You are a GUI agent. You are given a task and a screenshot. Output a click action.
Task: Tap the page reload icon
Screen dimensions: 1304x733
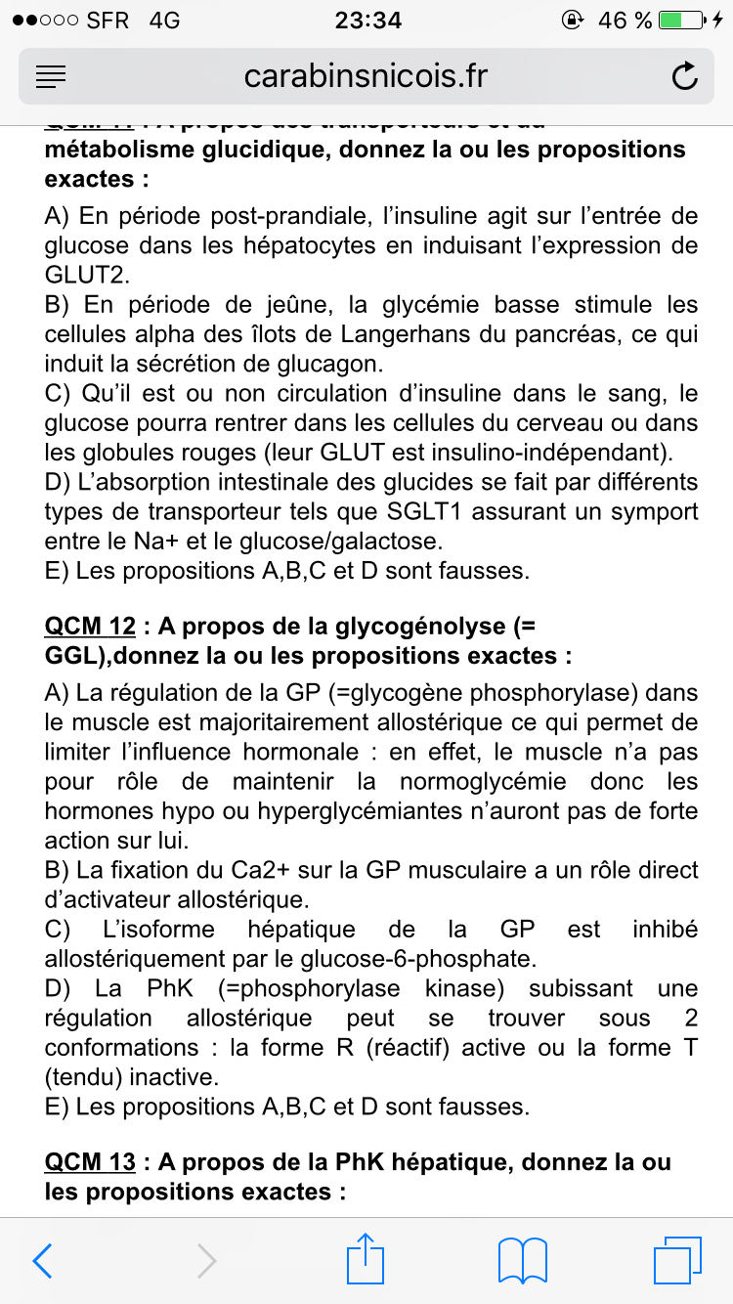pos(685,76)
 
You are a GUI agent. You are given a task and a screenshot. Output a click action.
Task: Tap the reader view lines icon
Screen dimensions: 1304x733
pos(51,76)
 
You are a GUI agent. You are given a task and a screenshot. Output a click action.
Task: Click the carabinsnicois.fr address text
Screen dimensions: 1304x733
pos(366,76)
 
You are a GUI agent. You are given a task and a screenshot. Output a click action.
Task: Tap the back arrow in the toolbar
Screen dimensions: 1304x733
pos(42,1261)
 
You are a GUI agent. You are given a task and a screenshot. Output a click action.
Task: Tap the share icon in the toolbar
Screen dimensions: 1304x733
pos(366,1259)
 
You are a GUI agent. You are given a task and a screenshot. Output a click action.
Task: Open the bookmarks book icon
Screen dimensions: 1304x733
pos(522,1261)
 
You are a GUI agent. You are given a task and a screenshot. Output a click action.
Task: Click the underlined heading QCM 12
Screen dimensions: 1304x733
pos(90,626)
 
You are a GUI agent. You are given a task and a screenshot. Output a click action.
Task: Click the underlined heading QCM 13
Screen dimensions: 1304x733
pos(90,1162)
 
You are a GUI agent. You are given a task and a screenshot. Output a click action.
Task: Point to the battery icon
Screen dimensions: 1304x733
pos(683,20)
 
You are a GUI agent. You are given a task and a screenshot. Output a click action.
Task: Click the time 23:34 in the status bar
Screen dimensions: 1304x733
pos(367,20)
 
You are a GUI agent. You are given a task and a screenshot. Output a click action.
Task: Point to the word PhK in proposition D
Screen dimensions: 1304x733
pos(173,988)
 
